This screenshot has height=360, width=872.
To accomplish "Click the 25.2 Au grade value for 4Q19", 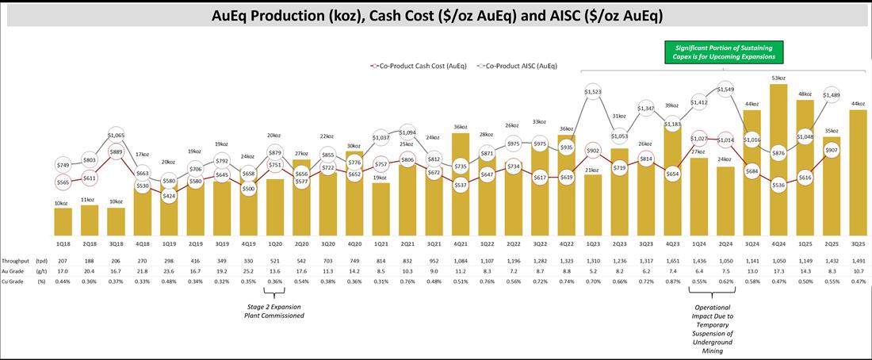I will pyautogui.click(x=249, y=272).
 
